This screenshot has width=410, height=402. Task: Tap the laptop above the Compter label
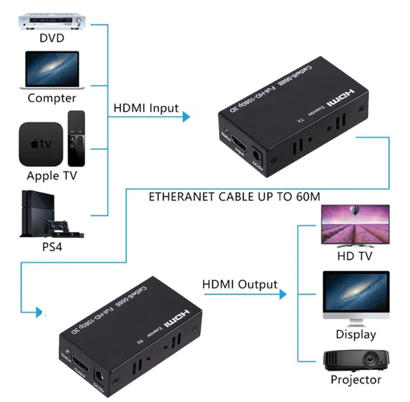(52, 70)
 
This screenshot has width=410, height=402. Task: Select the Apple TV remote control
(76, 138)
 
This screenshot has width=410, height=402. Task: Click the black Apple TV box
(41, 144)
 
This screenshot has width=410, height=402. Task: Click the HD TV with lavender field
(354, 225)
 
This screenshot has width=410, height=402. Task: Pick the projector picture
(356, 360)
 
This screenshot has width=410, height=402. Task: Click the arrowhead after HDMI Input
(186, 117)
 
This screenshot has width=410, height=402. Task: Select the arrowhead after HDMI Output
(282, 294)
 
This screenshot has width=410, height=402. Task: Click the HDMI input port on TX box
(238, 144)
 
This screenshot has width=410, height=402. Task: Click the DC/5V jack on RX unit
(98, 375)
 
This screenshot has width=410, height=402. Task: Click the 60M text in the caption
(307, 197)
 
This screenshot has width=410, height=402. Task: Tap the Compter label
(51, 98)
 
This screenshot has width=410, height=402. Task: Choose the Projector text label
(356, 380)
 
